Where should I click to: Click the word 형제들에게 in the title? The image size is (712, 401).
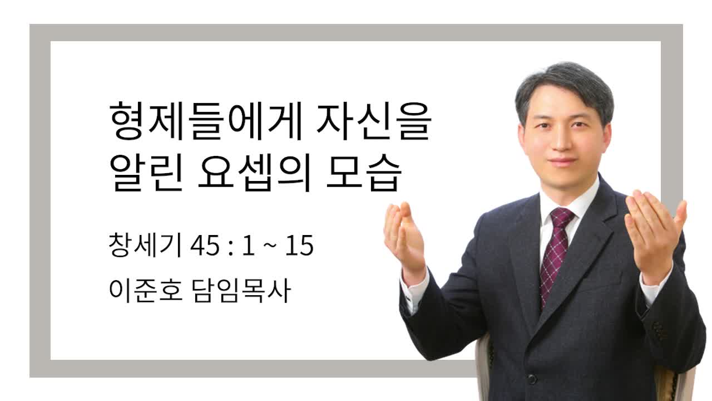(206, 121)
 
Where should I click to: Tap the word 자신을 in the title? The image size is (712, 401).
(374, 121)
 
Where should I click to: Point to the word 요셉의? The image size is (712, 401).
(254, 172)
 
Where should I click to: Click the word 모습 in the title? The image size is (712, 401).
(363, 172)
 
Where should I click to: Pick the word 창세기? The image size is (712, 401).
(145, 244)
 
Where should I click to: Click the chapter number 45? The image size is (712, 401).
(205, 246)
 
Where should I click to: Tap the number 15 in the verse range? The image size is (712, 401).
(299, 246)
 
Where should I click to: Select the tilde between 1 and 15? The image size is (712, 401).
(270, 246)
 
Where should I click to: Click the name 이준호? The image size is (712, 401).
(146, 290)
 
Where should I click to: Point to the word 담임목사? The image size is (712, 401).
(241, 290)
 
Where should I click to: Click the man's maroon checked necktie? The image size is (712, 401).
(556, 255)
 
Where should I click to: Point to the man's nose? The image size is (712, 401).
(562, 140)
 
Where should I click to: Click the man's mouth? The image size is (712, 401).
(562, 161)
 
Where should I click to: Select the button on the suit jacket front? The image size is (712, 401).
(532, 379)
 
